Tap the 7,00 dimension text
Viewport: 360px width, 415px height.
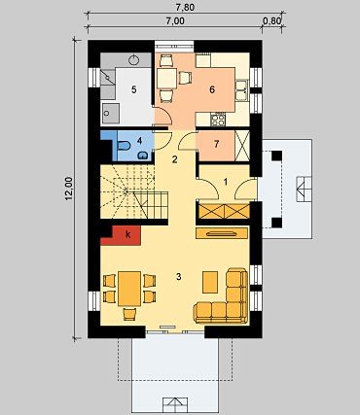tap(175, 21)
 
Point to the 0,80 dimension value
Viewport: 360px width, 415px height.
tap(271, 21)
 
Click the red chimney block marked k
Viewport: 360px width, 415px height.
tap(125, 235)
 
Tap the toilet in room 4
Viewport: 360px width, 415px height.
tap(124, 146)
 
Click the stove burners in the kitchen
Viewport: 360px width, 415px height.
tap(218, 121)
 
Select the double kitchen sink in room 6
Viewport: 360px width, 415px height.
tap(241, 90)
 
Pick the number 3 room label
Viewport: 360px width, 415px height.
tap(178, 277)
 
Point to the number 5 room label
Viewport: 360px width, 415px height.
tap(134, 89)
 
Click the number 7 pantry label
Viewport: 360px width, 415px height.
tap(216, 145)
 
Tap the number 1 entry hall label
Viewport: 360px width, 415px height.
tap(226, 182)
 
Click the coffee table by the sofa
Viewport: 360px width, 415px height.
tap(210, 282)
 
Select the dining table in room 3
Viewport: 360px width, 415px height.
tap(129, 289)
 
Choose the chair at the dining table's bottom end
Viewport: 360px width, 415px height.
tap(129, 314)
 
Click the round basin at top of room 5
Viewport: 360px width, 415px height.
tap(133, 60)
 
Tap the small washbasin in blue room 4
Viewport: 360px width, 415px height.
tap(142, 156)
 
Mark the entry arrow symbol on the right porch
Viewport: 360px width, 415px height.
tap(304, 190)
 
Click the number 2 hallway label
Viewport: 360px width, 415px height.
tap(175, 159)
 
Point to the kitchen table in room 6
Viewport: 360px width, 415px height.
tap(166, 79)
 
